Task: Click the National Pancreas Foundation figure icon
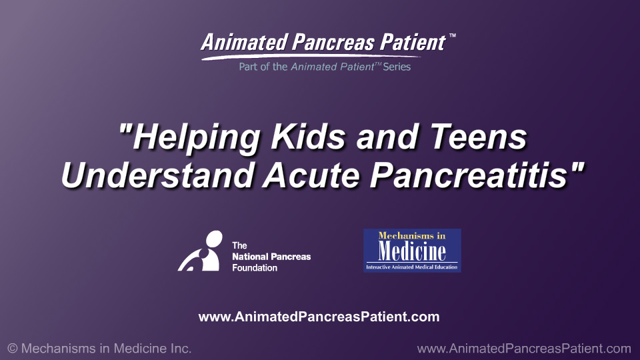point(200,251)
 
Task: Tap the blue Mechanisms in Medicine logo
point(412,251)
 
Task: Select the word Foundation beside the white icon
point(255,267)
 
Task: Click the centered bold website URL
point(319,317)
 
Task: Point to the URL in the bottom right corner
point(523,349)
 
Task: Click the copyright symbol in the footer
point(12,349)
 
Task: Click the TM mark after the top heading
point(453,36)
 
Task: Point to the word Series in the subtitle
point(397,67)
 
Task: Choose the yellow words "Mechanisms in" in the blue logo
point(411,235)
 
